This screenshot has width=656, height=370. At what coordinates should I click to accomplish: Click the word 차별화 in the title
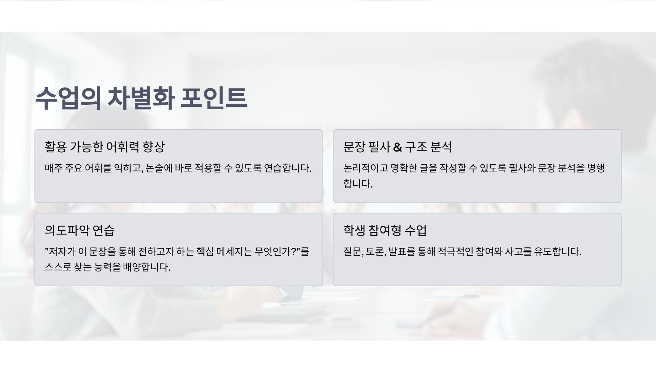[141, 98]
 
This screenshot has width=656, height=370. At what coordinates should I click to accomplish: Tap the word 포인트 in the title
[214, 98]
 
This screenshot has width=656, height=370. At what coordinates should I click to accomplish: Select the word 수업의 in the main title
[68, 98]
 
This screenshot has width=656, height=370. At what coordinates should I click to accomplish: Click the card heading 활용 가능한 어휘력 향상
[105, 147]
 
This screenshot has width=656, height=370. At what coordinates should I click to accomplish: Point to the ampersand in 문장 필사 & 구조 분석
[397, 147]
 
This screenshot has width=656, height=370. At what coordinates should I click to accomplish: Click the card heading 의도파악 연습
[80, 230]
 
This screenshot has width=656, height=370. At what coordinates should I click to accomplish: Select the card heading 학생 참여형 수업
[385, 230]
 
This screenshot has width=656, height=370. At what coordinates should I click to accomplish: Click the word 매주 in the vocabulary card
[54, 168]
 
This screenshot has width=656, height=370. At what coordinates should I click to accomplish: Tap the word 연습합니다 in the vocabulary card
[288, 168]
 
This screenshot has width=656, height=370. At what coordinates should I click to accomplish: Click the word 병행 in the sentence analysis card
[596, 168]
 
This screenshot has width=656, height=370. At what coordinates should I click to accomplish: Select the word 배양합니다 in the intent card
[147, 267]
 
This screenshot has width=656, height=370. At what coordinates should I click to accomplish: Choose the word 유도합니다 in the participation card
[558, 251]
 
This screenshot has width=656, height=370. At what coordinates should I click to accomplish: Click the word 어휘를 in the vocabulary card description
[98, 168]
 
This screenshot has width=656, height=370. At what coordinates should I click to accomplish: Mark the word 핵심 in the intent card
[205, 251]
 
